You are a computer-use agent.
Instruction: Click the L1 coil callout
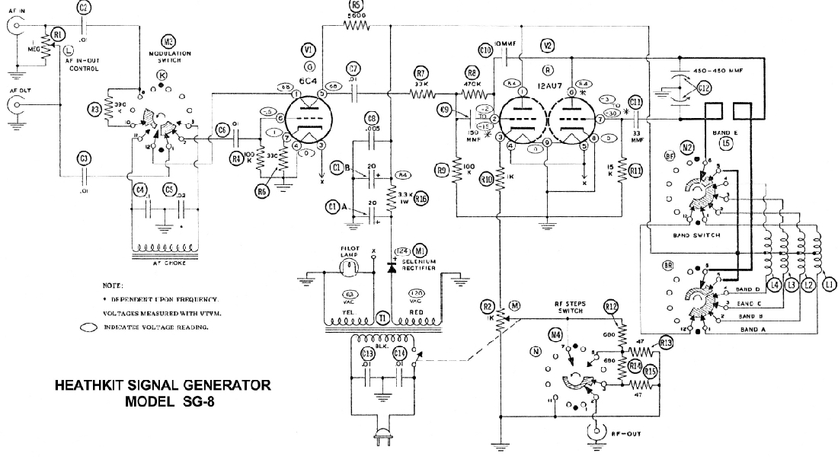(824, 285)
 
